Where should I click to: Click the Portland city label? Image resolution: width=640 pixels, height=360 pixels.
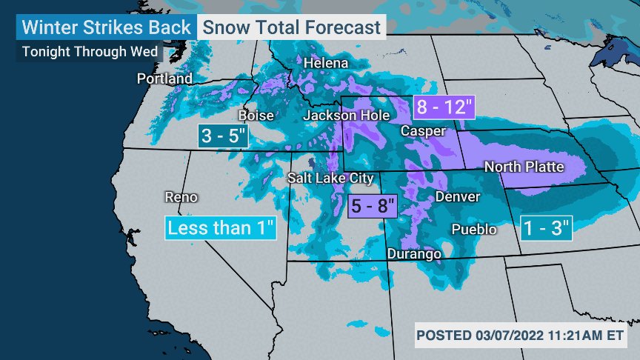pos(164,79)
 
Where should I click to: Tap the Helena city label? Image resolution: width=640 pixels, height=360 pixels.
pos(325,63)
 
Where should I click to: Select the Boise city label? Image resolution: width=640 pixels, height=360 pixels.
pos(256,116)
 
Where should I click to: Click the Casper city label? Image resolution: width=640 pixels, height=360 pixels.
pos(423,131)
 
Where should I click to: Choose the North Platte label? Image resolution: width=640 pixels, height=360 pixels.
pos(524,167)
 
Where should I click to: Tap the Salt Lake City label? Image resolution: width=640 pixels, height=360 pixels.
pos(330,178)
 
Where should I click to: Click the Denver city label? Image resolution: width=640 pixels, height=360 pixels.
pos(457,197)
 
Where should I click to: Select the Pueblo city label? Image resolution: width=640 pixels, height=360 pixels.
pos(474,229)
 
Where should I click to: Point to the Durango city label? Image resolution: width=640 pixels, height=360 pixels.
pos(414,254)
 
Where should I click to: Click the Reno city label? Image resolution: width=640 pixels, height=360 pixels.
pos(181,197)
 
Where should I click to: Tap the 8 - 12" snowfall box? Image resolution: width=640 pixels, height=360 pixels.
pos(444,107)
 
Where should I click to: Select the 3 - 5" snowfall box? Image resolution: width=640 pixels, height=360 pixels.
pos(224,135)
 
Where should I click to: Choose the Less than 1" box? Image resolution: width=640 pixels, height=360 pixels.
pos(221,227)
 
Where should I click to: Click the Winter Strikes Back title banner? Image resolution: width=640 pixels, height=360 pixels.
pos(105,27)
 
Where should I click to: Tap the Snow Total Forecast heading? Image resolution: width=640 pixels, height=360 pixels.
pos(292,27)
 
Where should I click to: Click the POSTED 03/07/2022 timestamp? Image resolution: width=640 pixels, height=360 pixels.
pos(520,336)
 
